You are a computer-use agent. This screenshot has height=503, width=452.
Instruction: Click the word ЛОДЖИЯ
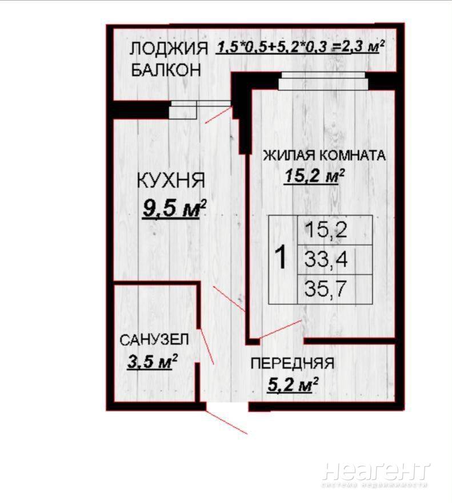[x=169, y=49]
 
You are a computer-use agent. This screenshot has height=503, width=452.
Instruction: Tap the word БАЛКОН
[x=166, y=70]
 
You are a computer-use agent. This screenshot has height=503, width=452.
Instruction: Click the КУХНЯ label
[x=171, y=180]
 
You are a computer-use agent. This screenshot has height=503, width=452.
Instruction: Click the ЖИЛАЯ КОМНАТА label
[x=324, y=155]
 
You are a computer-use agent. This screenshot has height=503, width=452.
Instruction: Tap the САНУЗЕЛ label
[x=154, y=340]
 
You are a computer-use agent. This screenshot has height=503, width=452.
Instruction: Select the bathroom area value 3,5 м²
[x=152, y=362]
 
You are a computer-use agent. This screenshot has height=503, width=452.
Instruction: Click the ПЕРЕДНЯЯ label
[x=292, y=363]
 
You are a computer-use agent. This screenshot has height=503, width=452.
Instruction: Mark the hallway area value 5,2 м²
[x=293, y=385]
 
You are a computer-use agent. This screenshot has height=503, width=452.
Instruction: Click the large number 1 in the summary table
[x=282, y=258]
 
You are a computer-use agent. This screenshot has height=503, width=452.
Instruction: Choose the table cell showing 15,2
[x=335, y=230]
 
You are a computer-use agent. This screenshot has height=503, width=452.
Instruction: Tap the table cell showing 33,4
[x=335, y=260]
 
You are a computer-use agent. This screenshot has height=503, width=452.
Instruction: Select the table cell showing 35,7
[x=335, y=289]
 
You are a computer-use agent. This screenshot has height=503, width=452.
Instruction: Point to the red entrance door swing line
[x=226, y=422]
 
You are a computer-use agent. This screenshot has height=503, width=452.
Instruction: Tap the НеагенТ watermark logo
[x=375, y=472]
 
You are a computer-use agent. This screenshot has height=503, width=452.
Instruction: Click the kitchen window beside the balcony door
[x=183, y=110]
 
